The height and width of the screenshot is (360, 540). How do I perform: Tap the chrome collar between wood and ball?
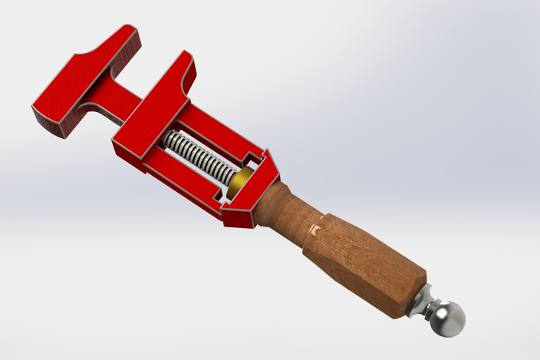point(422,302)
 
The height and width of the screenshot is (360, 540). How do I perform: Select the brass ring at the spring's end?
point(244,181)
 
